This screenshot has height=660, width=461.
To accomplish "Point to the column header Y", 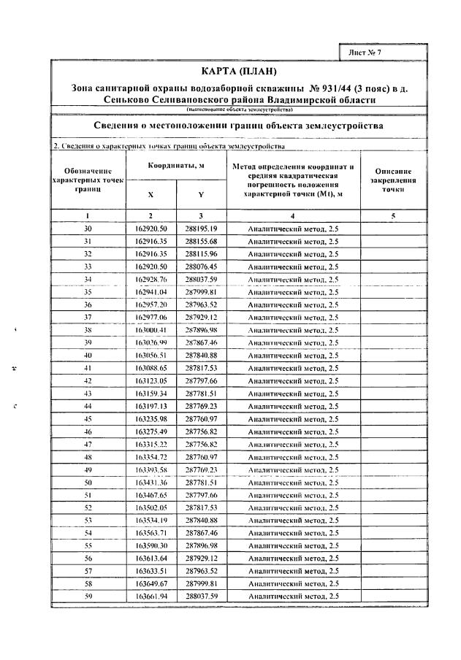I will click(x=201, y=195).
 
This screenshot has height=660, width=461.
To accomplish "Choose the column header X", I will click(x=151, y=195).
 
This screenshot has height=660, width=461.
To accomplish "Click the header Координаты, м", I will click(x=176, y=166).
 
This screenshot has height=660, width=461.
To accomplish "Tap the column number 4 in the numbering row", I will click(x=292, y=216).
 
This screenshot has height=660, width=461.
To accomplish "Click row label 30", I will click(x=88, y=229).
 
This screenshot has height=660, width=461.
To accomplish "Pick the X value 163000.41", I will click(x=151, y=329).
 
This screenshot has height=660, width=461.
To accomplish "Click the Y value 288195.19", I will click(x=201, y=229).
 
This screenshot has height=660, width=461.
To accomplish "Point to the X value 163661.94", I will click(x=151, y=596).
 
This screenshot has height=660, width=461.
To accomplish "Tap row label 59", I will click(x=88, y=596).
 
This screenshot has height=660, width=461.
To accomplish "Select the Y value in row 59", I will click(x=201, y=596).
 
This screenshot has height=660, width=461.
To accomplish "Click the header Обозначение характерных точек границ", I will click(x=88, y=179).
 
